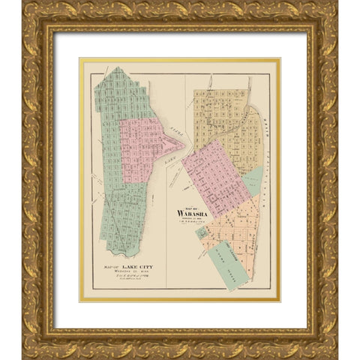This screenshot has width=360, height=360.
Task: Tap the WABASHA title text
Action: [190, 211]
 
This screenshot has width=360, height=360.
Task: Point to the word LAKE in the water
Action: [172, 158]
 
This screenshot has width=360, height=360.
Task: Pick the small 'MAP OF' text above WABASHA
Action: [184, 205]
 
